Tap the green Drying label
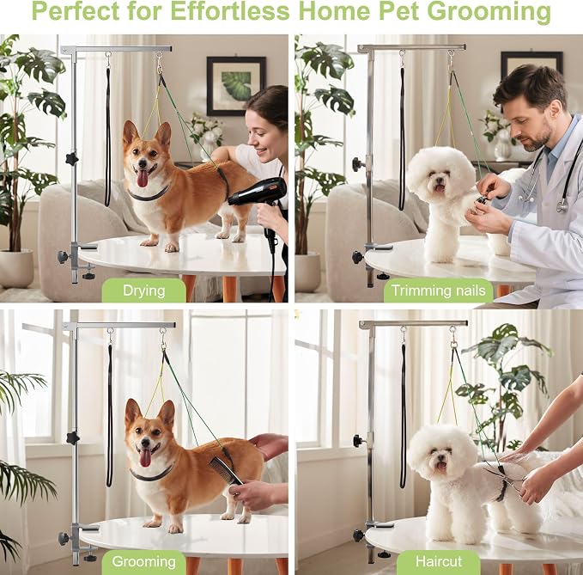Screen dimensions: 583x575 [x=144, y=291]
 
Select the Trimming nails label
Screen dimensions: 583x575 [x=439, y=291]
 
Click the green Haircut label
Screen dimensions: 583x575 [x=439, y=561]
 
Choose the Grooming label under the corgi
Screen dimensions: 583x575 [x=144, y=561]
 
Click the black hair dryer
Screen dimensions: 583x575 [x=260, y=197]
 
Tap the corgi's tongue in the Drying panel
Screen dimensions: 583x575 [x=143, y=179]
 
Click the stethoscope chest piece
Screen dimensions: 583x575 [x=562, y=205]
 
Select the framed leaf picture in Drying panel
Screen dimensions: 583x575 [x=236, y=86]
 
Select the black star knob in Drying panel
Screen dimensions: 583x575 [x=72, y=159]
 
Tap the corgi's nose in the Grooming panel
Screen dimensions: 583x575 [x=145, y=442]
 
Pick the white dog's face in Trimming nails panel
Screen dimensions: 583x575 [x=438, y=180]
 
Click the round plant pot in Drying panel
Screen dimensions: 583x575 [x=16, y=268]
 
